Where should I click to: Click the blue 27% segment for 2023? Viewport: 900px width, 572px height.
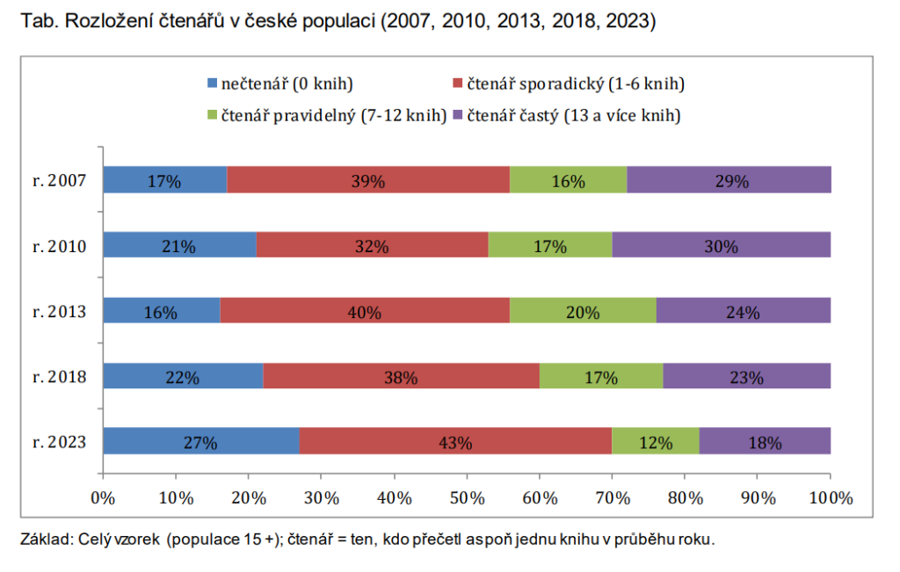tap(200, 441)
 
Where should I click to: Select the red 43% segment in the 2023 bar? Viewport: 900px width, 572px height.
tap(455, 441)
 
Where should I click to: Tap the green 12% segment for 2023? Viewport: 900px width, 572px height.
tap(655, 441)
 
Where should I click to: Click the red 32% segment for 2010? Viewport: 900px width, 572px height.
tap(372, 245)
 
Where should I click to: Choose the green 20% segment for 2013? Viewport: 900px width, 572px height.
tap(582, 311)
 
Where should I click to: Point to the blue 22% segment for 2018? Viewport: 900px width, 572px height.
tap(183, 376)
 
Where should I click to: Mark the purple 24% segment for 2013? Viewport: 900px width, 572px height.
tap(743, 311)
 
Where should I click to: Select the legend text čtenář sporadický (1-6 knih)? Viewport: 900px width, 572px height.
tap(575, 84)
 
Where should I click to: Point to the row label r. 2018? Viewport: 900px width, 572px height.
tap(59, 376)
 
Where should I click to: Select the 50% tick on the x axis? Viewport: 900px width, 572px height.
tap(467, 497)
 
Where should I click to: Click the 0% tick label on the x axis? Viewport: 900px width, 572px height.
tap(103, 497)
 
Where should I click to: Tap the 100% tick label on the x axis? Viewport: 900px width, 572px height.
tap(830, 497)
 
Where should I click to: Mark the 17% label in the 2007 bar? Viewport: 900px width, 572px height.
tap(164, 182)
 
